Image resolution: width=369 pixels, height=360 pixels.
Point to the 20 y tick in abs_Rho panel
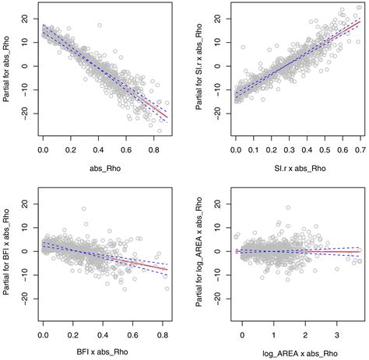point(26,18)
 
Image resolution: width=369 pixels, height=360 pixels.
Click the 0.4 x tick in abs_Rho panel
point(97,145)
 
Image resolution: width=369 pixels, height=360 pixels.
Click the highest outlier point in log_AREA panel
point(288,208)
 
